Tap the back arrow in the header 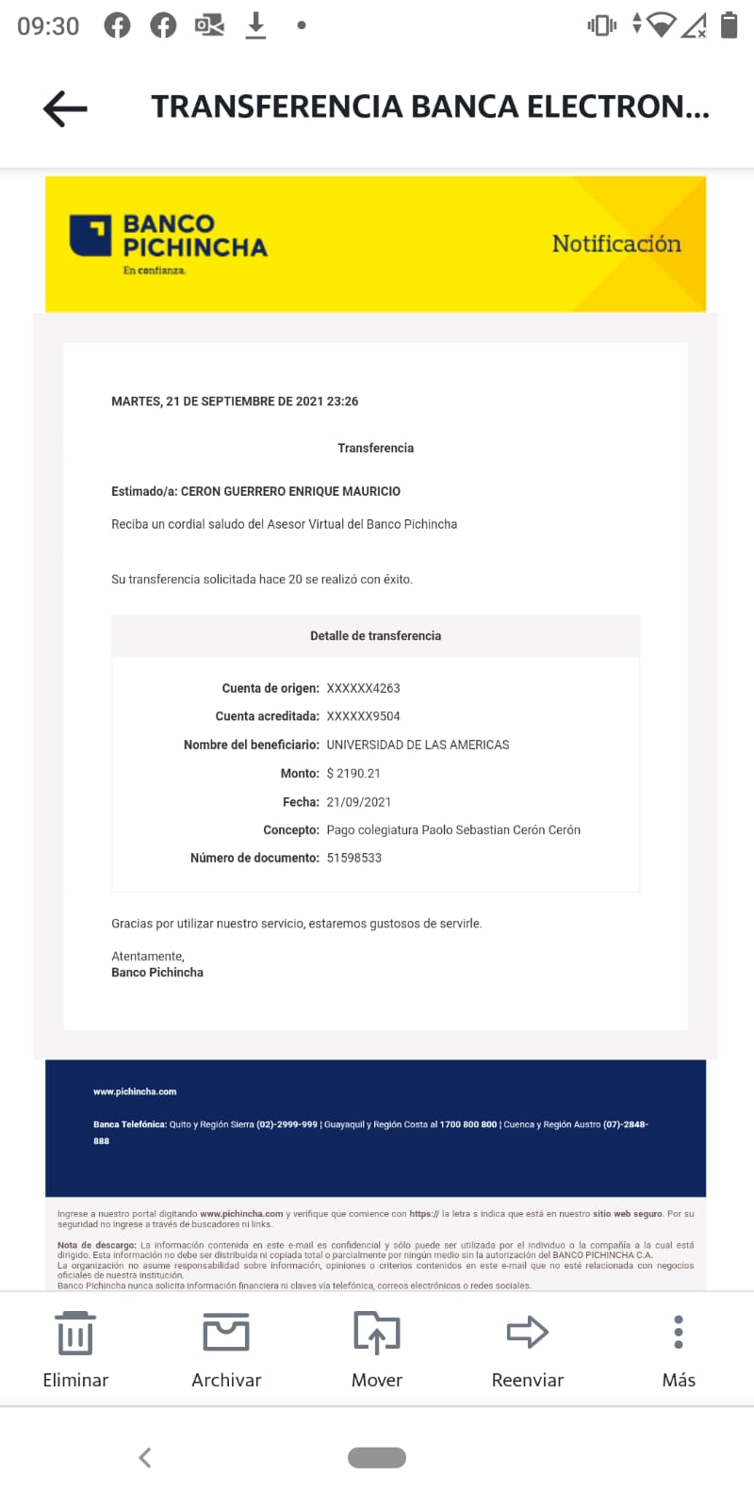[x=65, y=108]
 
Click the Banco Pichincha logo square [x=90, y=236]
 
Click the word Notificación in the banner [x=616, y=244]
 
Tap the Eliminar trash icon [x=75, y=1333]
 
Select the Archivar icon [x=226, y=1333]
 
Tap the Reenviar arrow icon [x=527, y=1332]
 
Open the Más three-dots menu [x=679, y=1332]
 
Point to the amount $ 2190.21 [x=353, y=774]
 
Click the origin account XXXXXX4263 [x=363, y=689]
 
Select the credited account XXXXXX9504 [x=363, y=716]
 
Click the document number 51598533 [x=354, y=859]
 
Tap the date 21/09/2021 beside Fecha [x=359, y=802]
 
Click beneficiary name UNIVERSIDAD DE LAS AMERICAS [x=418, y=746]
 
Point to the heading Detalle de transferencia [x=375, y=636]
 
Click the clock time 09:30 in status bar [x=48, y=25]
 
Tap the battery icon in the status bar [x=729, y=25]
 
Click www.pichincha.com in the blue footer [x=135, y=1091]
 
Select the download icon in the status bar [x=255, y=25]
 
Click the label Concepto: [x=291, y=830]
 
